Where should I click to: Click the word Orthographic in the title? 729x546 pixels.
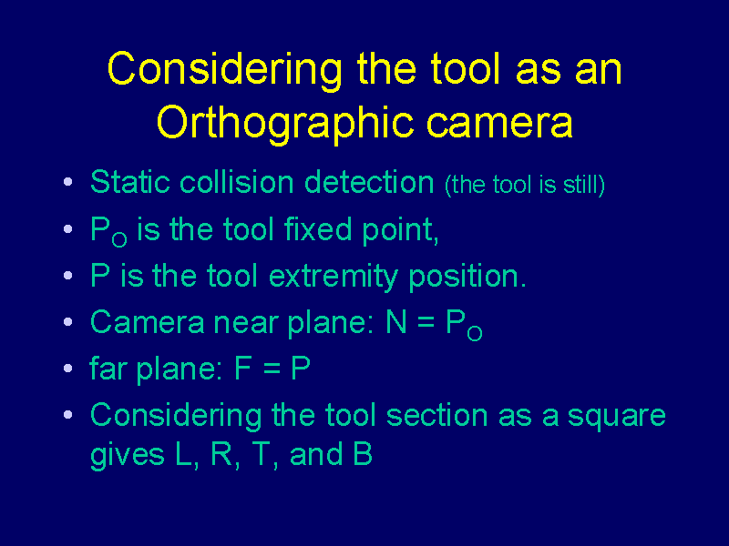284,124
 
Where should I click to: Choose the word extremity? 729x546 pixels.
334,278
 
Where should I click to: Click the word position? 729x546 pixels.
467,278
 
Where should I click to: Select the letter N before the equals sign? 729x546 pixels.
396,322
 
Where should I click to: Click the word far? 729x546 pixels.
108,369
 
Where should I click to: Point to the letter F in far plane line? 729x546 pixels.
243,369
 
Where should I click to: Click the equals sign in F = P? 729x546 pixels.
272,369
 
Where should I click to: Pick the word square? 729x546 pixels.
617,417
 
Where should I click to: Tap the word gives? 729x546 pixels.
127,455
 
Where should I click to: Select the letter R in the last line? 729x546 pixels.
221,453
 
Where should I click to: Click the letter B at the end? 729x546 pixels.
363,453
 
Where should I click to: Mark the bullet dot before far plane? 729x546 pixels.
67,369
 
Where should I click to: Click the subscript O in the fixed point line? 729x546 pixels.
119,239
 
